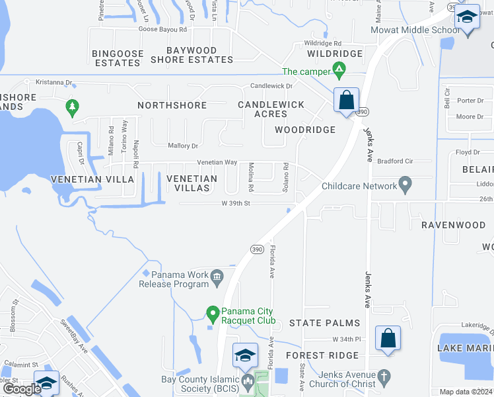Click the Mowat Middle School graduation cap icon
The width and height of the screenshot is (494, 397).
tap(467, 17)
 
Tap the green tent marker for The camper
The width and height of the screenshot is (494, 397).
tap(339, 69)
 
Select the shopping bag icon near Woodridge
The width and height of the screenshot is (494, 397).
tap(346, 101)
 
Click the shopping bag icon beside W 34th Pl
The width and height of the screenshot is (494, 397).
tap(388, 338)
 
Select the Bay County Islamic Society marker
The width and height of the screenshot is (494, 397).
tap(248, 380)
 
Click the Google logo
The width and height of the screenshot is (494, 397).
tap(22, 389)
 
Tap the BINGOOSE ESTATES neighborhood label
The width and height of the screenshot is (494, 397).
tap(116, 58)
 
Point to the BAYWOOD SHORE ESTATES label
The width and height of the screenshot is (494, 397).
tap(192, 55)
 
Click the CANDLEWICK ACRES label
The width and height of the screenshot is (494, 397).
tap(271, 109)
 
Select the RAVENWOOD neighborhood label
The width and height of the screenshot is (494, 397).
tap(453, 225)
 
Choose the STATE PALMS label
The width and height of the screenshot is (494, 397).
tap(324, 323)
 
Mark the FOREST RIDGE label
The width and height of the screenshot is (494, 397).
tap(322, 355)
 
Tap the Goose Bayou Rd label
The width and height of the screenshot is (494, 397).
tap(162, 30)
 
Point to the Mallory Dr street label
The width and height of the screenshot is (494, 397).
tap(183, 146)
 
